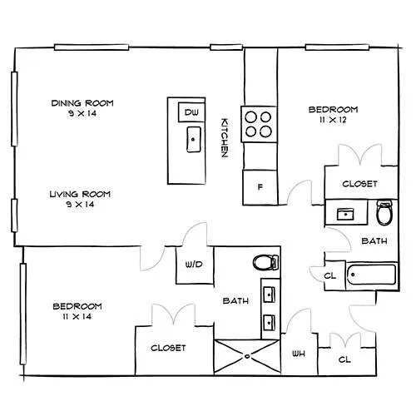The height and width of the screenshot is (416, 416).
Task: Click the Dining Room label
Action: tap(82, 103)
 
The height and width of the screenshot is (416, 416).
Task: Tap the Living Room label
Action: tap(80, 194)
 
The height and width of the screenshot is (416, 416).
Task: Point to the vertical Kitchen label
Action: tap(225, 138)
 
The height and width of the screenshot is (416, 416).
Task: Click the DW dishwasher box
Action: tap(191, 112)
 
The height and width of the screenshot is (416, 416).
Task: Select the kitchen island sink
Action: tap(194, 140)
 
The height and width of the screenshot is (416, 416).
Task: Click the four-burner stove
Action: tap(259, 124)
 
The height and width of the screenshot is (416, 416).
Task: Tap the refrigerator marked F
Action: tap(260, 187)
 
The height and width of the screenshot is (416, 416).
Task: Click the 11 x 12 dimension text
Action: tap(333, 120)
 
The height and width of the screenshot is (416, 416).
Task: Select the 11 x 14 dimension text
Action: tap(77, 316)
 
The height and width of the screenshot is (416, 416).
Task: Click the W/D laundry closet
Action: tap(195, 265)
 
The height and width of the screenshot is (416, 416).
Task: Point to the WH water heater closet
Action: tap(300, 354)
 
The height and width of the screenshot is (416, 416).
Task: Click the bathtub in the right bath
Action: tap(372, 275)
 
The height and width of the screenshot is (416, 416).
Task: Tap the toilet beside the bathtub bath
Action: tap(384, 212)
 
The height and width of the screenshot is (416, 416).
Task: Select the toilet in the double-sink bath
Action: tap(265, 262)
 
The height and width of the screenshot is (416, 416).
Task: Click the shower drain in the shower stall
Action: tap(247, 356)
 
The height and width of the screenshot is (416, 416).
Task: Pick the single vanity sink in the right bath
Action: tap(345, 215)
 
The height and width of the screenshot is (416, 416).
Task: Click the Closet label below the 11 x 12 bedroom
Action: tap(359, 184)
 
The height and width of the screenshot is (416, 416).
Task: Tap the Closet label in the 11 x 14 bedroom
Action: tap(168, 348)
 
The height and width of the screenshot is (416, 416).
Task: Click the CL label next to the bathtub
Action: tap(330, 276)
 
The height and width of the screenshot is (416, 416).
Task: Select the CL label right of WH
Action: tap(344, 359)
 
